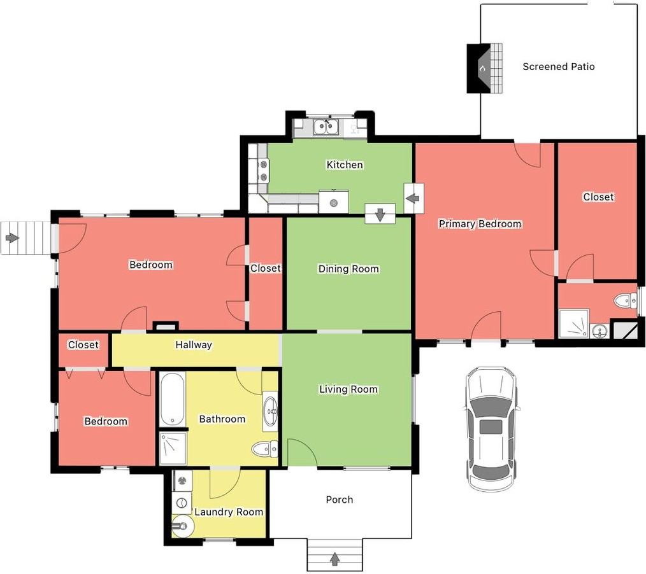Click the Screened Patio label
point(558,67)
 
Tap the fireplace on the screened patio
point(485,68)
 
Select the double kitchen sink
point(326,127)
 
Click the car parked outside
point(491,429)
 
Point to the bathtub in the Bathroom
point(172,399)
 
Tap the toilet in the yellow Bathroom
point(265,448)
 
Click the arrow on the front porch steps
point(335,558)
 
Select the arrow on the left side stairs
point(12,238)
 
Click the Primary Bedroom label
point(480,224)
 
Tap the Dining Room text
point(348,269)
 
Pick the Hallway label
point(194,345)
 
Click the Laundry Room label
point(229,512)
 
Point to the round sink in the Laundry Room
point(182,526)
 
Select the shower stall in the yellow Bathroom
point(173,448)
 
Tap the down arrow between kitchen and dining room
point(380,214)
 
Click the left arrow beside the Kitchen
point(413,199)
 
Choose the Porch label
point(340,500)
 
